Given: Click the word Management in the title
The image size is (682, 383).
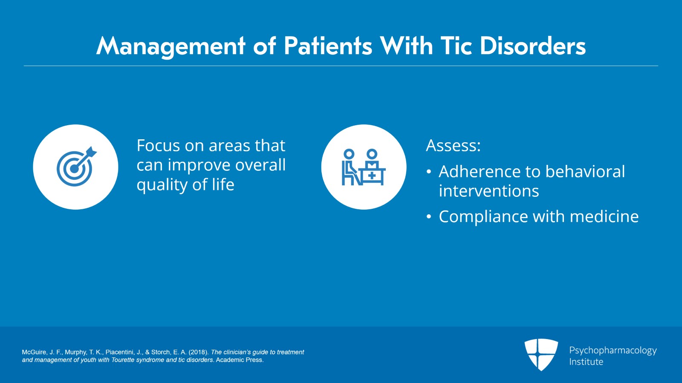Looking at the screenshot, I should point(171,46).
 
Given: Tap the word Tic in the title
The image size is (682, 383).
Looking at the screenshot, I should point(456,46).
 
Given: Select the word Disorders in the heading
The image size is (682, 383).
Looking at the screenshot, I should point(532,46).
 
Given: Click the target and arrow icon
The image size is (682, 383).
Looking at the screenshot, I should point(76,167).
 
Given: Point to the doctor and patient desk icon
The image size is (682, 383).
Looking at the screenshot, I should point(364,167).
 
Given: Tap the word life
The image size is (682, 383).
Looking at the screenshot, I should point(223,184).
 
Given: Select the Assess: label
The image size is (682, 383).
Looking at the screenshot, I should point(453,146).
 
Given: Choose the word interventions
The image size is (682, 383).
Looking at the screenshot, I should point(488,191).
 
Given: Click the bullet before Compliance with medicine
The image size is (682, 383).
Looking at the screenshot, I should point(429,217).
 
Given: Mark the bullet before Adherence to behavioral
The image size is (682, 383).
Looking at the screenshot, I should point(429,172).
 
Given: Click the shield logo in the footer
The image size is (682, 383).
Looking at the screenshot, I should point(541,354).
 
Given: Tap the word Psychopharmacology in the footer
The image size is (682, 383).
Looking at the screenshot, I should point(613,350).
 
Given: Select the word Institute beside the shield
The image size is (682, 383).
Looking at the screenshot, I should point(586,362).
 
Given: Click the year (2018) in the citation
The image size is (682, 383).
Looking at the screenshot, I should point(199,352).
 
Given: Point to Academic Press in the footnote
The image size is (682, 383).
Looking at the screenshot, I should point(240,360).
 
